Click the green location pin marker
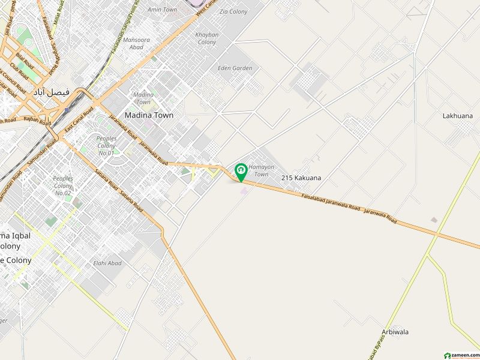coord(241,172)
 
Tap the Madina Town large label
coord(149,115)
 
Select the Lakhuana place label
coord(458,116)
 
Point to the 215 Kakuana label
coord(301,178)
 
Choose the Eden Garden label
coord(235,68)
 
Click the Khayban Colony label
coord(206,38)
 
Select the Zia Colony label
coord(233,11)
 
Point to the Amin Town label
coord(162,10)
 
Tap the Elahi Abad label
coord(107,263)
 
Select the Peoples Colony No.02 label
coord(63,185)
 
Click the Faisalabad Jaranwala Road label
coord(331,203)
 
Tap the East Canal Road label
coord(79,120)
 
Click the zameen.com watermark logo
coord(460,355)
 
